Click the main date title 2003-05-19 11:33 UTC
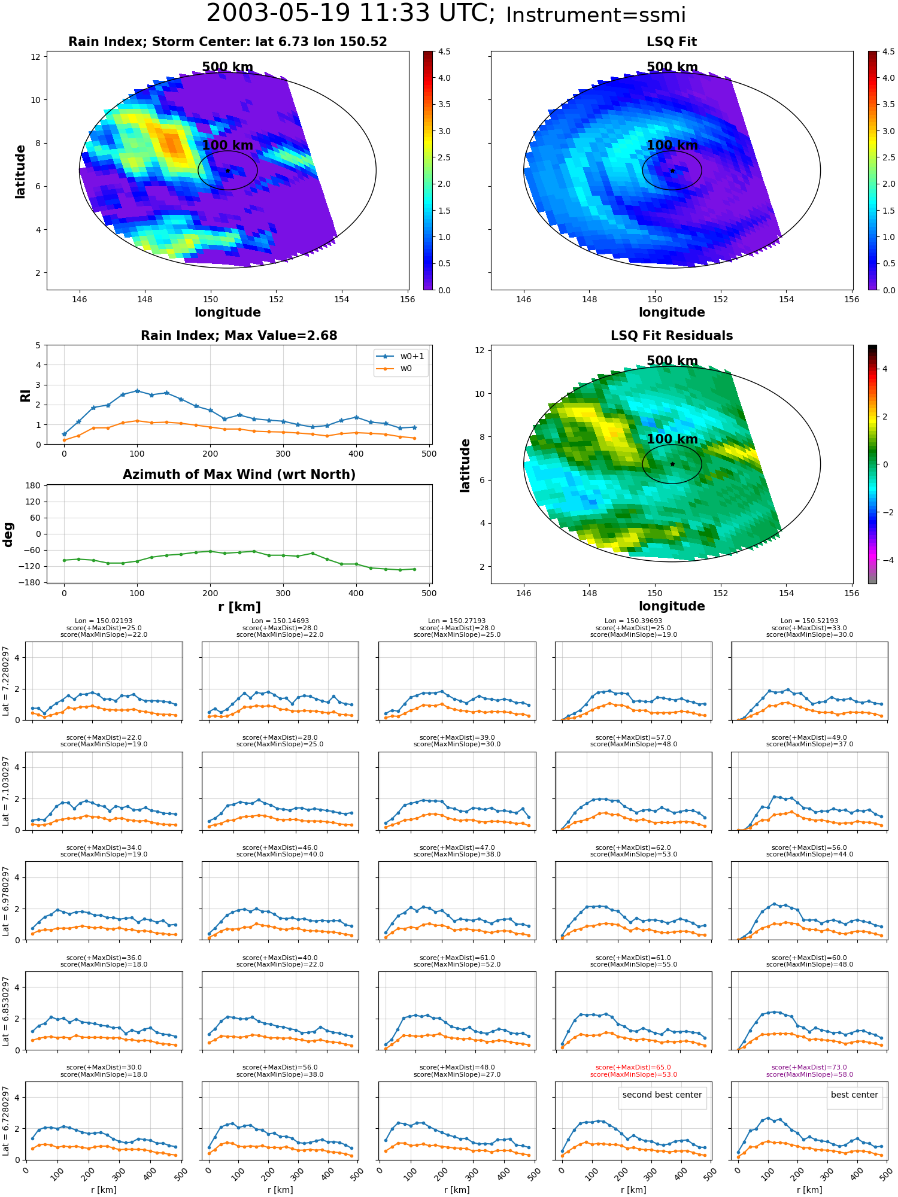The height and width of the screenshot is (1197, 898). [x=350, y=13]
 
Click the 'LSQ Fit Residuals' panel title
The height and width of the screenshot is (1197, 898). [x=672, y=336]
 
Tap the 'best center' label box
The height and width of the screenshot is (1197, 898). [x=854, y=1095]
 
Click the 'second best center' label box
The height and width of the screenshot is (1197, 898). [x=662, y=1095]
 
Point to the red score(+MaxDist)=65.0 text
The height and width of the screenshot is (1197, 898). [x=633, y=1067]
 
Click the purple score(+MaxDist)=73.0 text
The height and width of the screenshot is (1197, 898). [x=809, y=1067]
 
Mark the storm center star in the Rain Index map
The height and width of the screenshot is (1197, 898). [x=227, y=171]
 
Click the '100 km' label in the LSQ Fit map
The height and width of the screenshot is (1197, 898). [x=672, y=145]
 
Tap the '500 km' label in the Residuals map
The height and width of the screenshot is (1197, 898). [x=672, y=361]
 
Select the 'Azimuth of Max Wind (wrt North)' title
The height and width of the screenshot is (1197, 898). [x=239, y=475]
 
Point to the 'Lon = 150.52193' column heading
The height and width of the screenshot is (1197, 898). [x=809, y=621]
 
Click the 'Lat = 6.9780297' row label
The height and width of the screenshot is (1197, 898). [x=6, y=901]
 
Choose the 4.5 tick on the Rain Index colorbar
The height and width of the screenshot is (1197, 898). [x=880, y=51]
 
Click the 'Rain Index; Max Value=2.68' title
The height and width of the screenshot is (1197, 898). [x=239, y=336]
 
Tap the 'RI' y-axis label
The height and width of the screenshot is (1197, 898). [x=25, y=395]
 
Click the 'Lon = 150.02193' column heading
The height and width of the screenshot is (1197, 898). [x=104, y=621]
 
